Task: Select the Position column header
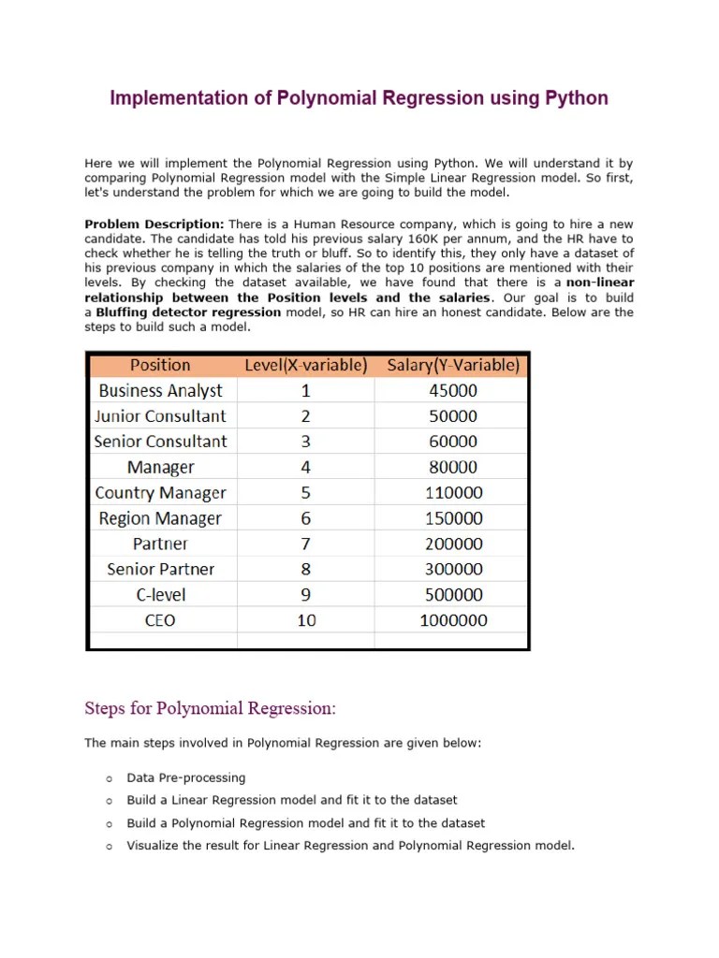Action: point(160,365)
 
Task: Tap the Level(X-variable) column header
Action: point(305,365)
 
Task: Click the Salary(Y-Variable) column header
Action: point(452,365)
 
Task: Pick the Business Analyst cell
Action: point(160,391)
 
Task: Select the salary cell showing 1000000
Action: point(452,620)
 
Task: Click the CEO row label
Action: point(160,620)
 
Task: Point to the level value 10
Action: point(306,620)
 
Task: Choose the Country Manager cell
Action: point(160,493)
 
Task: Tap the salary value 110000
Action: point(452,493)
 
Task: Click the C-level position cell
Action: point(160,595)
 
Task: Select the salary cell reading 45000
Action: point(452,391)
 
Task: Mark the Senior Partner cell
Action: point(160,569)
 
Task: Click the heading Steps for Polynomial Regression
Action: point(210,708)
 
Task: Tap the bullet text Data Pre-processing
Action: point(186,777)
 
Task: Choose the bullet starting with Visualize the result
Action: point(350,846)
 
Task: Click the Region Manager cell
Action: point(160,518)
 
